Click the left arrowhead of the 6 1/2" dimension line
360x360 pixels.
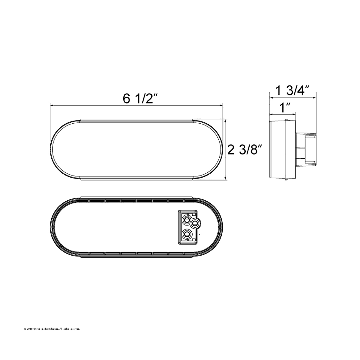pos(52,106)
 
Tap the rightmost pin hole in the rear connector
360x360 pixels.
pos(194,223)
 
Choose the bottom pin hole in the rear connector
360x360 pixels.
pos(187,234)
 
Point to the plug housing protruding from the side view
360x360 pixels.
pos(306,149)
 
